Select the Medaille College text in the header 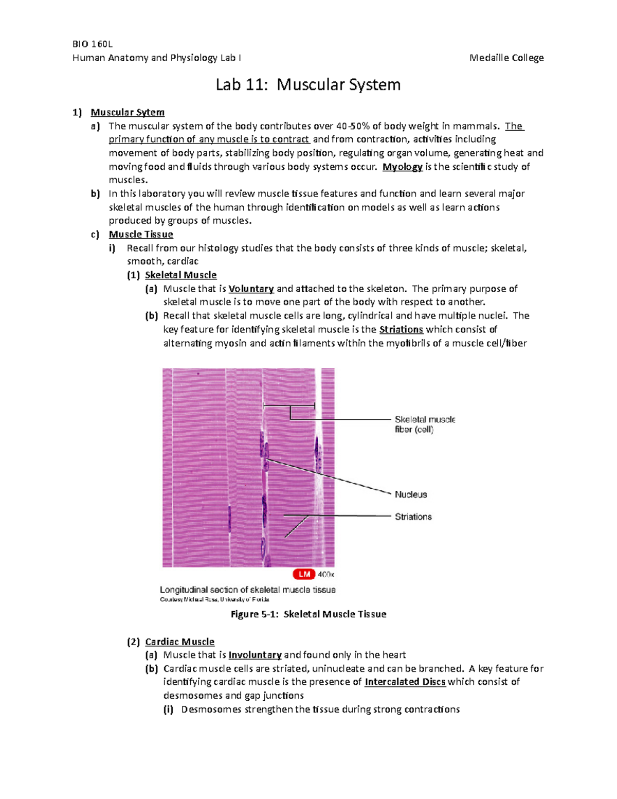(x=506, y=58)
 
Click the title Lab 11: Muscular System (x=308, y=84)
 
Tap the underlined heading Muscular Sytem (x=128, y=112)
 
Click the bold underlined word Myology (x=403, y=167)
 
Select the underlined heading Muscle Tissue (x=141, y=235)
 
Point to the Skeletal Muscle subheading (x=180, y=275)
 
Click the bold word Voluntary (x=251, y=289)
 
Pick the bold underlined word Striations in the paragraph (x=401, y=329)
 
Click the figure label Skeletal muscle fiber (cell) (x=425, y=424)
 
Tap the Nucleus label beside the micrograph (x=411, y=494)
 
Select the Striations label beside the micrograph (x=413, y=517)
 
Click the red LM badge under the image (x=304, y=574)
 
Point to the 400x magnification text (x=326, y=574)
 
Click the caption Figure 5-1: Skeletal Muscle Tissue (x=308, y=614)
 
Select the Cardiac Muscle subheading (x=179, y=642)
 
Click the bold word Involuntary (x=255, y=655)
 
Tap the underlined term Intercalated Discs (x=405, y=682)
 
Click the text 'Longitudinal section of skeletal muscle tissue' (x=247, y=590)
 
